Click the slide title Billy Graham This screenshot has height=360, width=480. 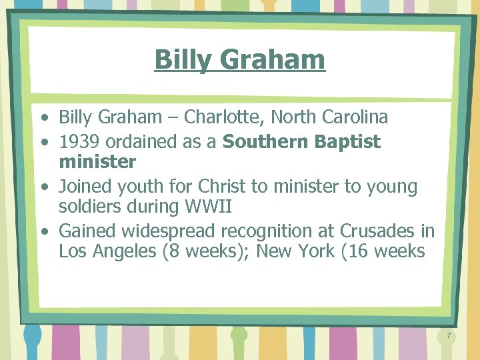(x=239, y=59)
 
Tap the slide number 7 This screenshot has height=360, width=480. (x=449, y=336)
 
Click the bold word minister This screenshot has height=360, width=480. (x=97, y=162)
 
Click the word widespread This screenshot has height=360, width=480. (x=180, y=231)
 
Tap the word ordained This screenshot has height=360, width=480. (x=139, y=141)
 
